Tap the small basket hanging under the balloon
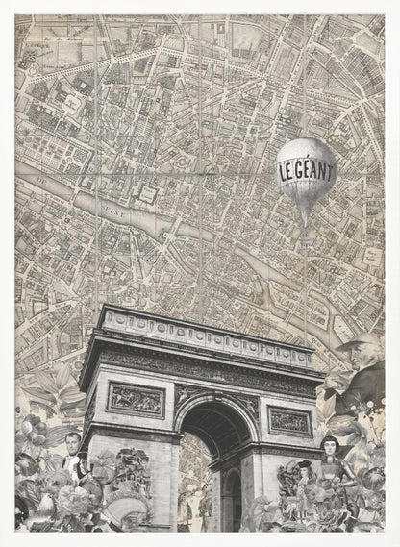coord(307,244)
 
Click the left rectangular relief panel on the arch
coord(135,399)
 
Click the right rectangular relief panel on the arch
coord(288,420)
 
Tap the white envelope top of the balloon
coord(306,152)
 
